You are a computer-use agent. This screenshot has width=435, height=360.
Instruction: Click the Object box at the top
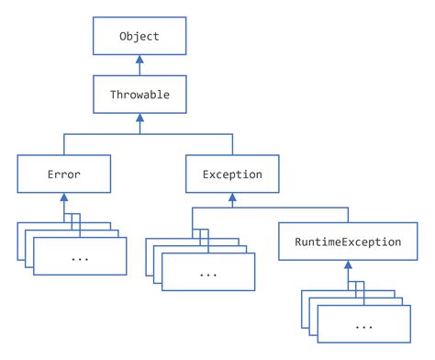point(139,38)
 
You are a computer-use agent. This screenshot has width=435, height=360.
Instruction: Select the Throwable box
point(139,94)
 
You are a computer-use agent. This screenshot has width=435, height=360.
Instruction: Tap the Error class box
point(63,173)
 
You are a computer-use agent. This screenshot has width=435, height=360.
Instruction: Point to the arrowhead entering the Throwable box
point(139,117)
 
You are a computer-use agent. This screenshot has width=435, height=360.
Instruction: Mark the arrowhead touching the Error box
point(63,196)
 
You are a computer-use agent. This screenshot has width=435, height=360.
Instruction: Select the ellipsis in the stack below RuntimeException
point(363,327)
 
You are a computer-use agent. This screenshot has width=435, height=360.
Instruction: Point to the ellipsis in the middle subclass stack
point(208,273)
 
